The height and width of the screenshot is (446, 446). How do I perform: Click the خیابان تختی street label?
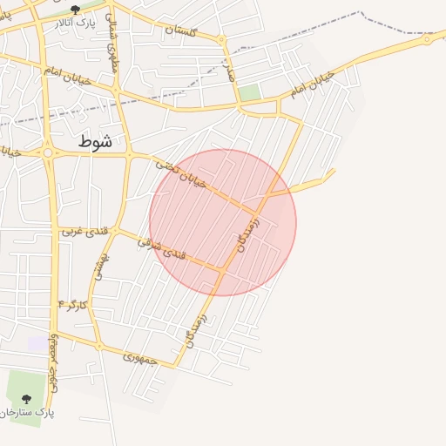pos(181,173)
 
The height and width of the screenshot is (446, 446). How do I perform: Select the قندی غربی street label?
pos(84,233)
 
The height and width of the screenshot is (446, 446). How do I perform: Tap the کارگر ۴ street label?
pos(73,304)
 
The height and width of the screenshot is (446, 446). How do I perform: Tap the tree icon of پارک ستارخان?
pos(25,399)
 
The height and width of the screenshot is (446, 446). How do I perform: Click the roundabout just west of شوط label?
pos(48,153)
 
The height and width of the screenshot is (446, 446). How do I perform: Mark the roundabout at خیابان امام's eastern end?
pos(428,38)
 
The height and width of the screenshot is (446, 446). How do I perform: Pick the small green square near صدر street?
pos(250,91)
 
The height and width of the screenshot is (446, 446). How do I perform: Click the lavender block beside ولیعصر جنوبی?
pos(37,344)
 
